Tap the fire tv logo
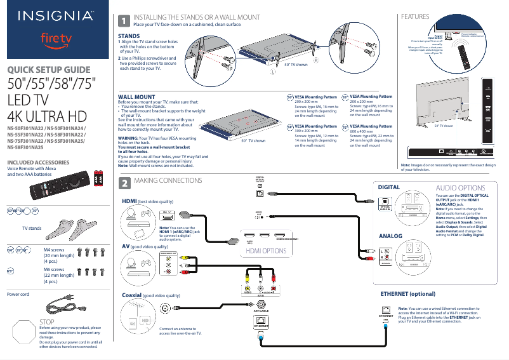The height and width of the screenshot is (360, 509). (x=56, y=39)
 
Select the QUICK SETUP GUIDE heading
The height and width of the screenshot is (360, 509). (x=48, y=70)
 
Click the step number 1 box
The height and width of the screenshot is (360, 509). (x=125, y=20)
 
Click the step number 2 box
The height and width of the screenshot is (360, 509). (x=125, y=182)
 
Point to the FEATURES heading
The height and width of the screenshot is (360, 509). (x=412, y=17)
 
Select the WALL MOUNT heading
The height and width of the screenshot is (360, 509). (x=136, y=97)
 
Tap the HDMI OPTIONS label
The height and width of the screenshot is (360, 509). (x=265, y=251)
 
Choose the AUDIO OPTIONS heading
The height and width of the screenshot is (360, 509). (x=460, y=188)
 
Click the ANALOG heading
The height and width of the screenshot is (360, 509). (x=390, y=236)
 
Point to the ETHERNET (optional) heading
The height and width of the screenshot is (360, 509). (x=407, y=295)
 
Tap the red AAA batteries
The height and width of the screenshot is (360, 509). (x=98, y=180)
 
